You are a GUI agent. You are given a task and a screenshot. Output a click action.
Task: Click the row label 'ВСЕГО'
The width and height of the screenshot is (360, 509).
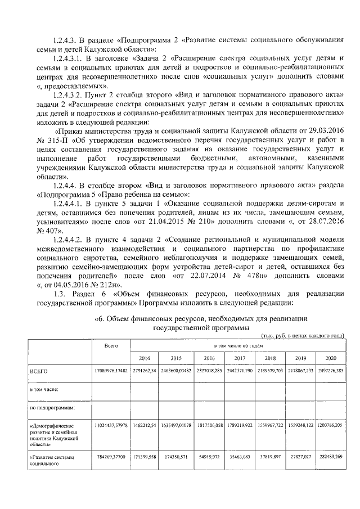(39, 372)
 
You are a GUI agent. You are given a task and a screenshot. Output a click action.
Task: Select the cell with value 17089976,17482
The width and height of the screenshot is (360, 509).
(111, 372)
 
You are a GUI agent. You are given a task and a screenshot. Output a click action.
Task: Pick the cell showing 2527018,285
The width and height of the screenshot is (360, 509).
(209, 372)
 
